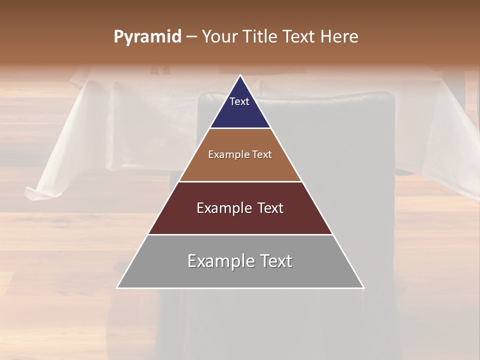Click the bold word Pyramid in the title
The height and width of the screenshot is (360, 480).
[147, 37]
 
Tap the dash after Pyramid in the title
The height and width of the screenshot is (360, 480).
[191, 37]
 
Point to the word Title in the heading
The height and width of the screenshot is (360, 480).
[261, 37]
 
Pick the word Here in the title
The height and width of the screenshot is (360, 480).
[339, 37]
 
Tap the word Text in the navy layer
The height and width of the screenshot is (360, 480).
[239, 101]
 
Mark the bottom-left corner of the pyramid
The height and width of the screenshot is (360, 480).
[117, 288]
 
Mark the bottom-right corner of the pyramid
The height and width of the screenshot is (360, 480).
[363, 288]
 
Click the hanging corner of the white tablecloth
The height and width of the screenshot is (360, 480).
[31, 192]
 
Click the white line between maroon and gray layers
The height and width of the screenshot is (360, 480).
[240, 234]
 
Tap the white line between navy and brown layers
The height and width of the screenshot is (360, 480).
[240, 128]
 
